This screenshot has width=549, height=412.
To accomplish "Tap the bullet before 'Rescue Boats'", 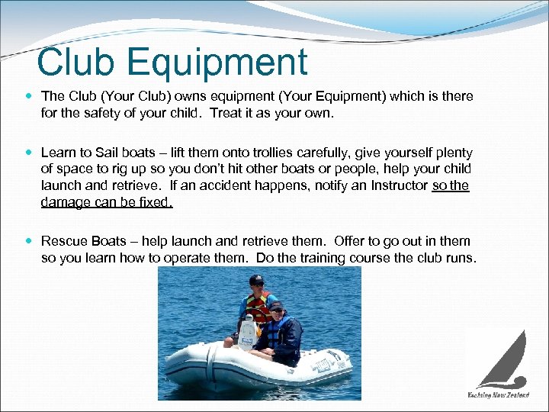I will point(29,241).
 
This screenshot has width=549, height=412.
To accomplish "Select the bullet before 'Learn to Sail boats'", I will point(29,153).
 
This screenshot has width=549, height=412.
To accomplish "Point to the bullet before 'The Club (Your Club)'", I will point(29,97).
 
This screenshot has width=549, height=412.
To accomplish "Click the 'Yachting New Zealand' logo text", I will point(498,394).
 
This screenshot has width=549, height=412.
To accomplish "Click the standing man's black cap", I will point(257,279).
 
